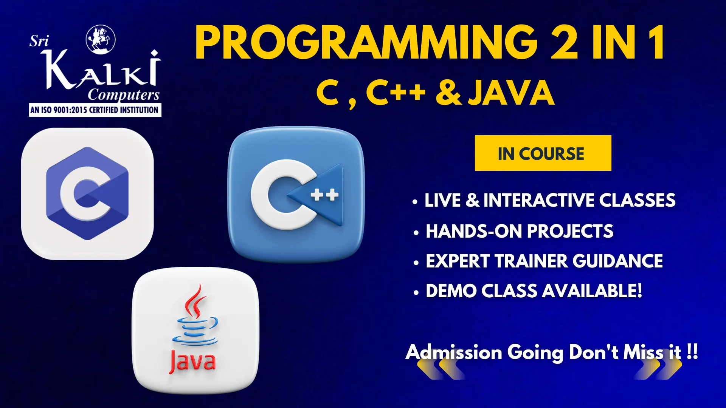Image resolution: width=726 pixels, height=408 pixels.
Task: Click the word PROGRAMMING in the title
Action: pos(366,42)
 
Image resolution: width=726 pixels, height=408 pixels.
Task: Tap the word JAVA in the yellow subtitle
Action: pos(511,93)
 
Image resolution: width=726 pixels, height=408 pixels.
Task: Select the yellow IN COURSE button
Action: pos(543,153)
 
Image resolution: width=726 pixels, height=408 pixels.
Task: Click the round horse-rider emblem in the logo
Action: pos(101,39)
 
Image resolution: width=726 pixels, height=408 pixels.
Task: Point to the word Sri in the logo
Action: pos(39,41)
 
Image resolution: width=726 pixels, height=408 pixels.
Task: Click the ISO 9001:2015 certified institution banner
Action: pos(95,110)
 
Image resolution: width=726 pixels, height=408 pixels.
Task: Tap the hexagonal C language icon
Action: pos(87,193)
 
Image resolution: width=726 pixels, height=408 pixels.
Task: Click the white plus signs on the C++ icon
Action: pos(324,195)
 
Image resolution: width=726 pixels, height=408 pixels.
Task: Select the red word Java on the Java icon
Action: pos(193,361)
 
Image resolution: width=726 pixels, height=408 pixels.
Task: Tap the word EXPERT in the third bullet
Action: pos(458,261)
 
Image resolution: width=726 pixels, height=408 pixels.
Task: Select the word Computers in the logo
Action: pos(124,95)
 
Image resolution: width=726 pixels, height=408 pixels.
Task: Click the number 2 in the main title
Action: pos(564,42)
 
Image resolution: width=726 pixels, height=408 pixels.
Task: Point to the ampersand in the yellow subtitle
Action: pos(448,93)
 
